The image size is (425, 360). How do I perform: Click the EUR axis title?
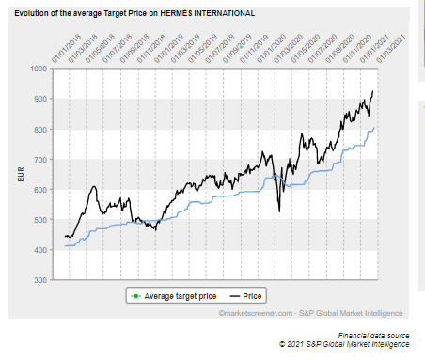[x=21, y=175]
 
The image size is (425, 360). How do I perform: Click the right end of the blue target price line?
[x=374, y=128]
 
